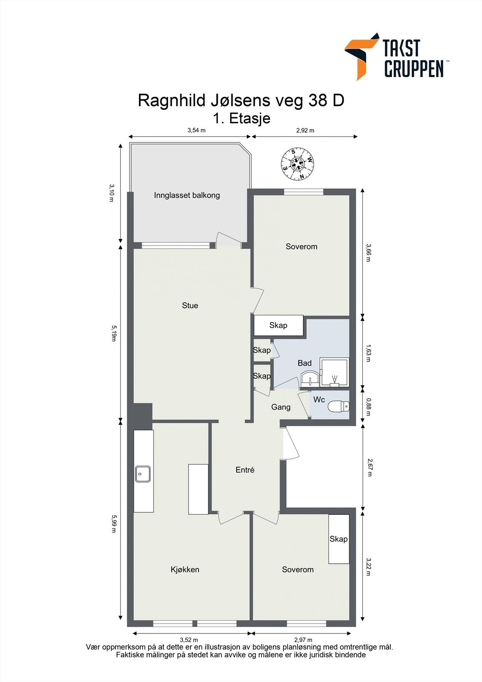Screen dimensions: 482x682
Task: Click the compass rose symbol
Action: pos(297,164)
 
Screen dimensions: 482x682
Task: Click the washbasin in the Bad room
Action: pos(310,379)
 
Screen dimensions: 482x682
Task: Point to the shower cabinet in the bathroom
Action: pos(334,373)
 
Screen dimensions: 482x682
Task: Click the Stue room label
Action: pos(190,305)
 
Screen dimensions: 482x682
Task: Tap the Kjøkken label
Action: pos(185,569)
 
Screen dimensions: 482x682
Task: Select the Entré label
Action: pos(245,470)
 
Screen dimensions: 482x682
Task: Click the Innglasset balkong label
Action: pos(187,195)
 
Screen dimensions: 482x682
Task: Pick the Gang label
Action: pos(281,407)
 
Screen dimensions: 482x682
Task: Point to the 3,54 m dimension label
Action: pos(196,130)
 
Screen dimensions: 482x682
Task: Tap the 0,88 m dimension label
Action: pos(368,407)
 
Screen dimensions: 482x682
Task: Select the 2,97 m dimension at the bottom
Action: pos(303,640)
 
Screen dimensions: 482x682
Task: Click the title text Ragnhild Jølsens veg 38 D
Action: pos(241,100)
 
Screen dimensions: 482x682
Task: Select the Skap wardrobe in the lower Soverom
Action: pos(338,539)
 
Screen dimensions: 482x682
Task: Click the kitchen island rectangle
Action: pos(198,489)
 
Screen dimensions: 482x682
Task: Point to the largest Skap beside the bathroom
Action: pos(279,326)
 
